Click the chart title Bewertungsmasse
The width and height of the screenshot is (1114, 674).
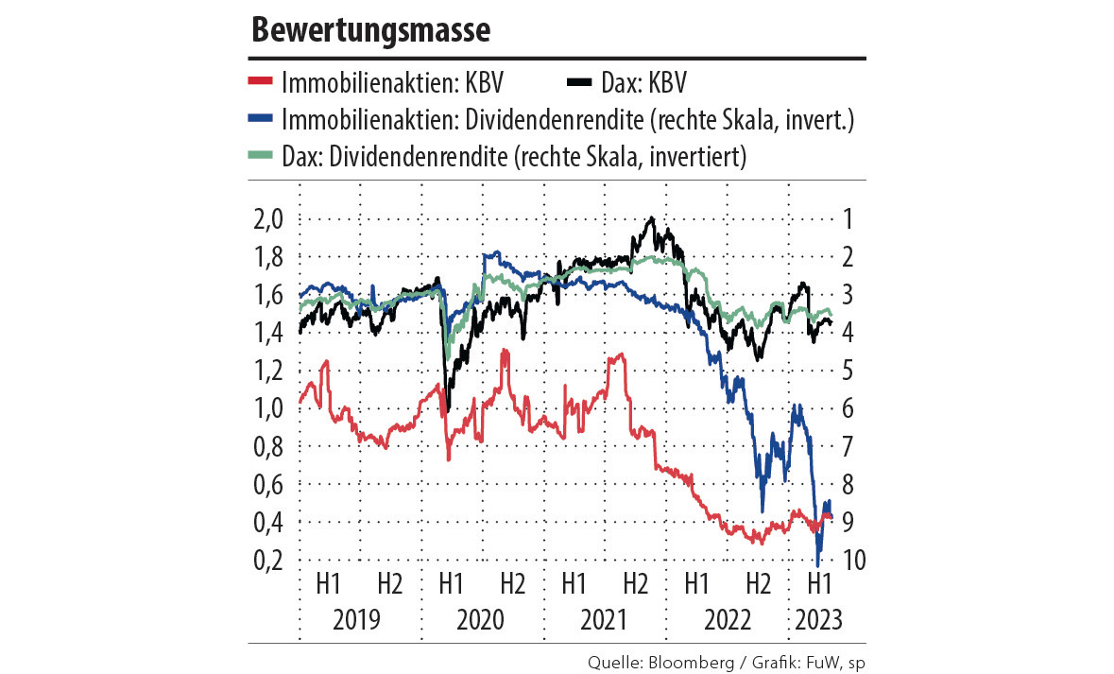(x=370, y=31)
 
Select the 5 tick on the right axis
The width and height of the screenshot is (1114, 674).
(x=848, y=371)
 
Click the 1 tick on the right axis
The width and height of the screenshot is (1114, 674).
(x=848, y=219)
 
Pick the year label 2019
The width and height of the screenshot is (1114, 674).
(x=356, y=620)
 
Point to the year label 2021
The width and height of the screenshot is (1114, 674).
(x=604, y=620)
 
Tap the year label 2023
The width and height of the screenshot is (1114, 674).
(x=818, y=620)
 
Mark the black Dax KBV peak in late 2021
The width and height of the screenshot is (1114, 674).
(x=650, y=219)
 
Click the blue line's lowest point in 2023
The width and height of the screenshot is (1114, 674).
(x=817, y=565)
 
